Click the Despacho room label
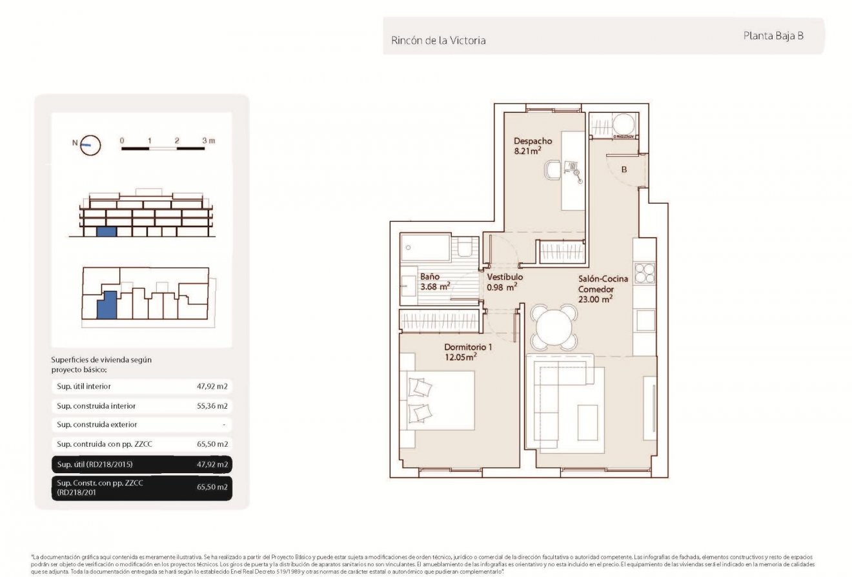tap(532, 141)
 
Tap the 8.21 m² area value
tap(527, 152)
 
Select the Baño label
tap(411, 277)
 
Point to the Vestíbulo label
tap(505, 277)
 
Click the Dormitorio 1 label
tap(468, 347)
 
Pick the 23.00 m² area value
tap(594, 298)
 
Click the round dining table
tap(553, 326)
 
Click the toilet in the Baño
tap(466, 249)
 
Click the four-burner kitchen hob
tap(644, 274)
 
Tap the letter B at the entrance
tap(624, 170)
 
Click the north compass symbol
tap(92, 145)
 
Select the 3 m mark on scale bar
tap(207, 141)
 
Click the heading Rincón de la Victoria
tap(438, 40)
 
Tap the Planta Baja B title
tap(773, 37)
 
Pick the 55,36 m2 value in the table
tap(212, 406)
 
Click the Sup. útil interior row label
tap(84, 387)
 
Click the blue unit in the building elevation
tap(107, 231)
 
